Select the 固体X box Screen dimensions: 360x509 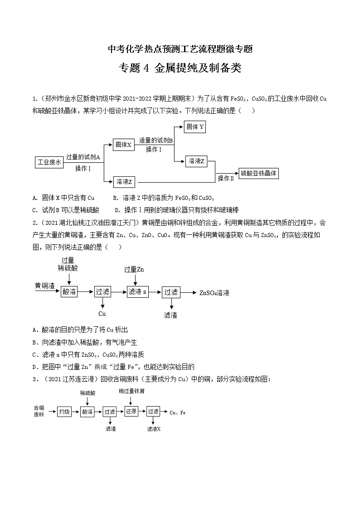[x=123, y=145]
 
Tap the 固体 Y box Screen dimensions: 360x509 [x=195, y=127]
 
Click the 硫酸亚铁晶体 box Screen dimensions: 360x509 [x=259, y=173]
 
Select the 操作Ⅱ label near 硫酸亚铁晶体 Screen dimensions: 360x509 [x=226, y=178]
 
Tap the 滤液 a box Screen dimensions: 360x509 [x=138, y=292]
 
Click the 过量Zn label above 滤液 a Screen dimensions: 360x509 [x=134, y=270]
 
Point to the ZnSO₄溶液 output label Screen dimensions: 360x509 [x=214, y=293]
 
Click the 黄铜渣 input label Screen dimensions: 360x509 [x=45, y=286]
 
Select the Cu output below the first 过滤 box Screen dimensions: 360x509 [x=102, y=314]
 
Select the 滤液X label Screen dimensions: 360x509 [x=154, y=428]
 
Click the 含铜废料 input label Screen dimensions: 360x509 [x=39, y=411]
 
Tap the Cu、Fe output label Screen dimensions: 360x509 [x=178, y=412]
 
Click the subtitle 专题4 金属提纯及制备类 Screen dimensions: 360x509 [x=180, y=68]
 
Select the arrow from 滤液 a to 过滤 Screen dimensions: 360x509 [x=155, y=292]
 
